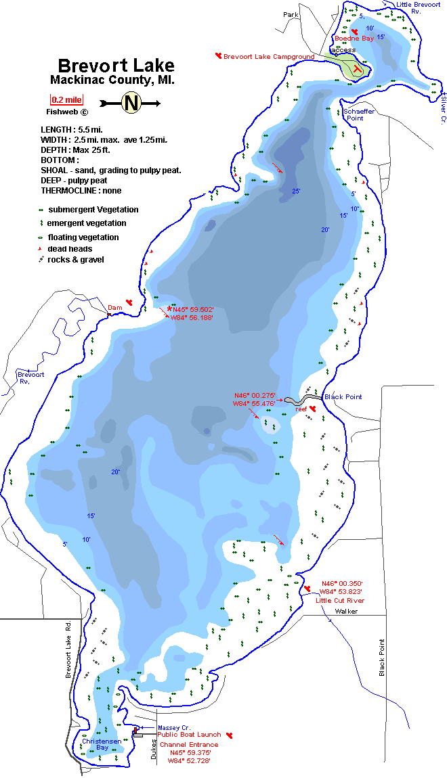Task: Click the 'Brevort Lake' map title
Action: pos(116,66)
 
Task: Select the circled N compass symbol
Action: pos(131,103)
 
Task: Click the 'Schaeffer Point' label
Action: pos(353,114)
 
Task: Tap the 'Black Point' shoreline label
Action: pos(343,396)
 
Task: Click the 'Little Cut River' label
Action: pos(340,600)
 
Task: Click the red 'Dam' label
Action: pos(114,308)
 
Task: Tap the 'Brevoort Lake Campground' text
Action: pos(268,57)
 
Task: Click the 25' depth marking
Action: pos(296,191)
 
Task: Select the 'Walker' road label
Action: pos(345,611)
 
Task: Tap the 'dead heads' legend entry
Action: pos(70,249)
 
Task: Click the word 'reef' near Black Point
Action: pos(301,409)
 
